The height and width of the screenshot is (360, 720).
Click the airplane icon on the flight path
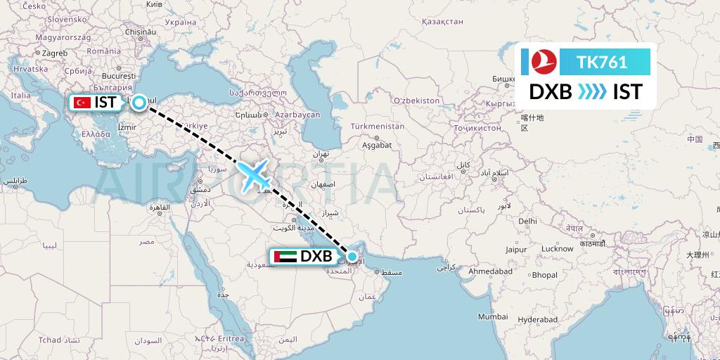254,175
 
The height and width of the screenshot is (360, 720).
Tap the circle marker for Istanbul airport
140,103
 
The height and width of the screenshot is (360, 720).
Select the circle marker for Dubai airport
352,257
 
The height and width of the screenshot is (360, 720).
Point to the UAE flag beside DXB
285,257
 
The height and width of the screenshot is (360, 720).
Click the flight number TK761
602,62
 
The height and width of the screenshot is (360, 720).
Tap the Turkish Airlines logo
540,62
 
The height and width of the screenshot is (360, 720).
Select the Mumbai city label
493,317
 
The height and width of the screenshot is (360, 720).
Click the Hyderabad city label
538,319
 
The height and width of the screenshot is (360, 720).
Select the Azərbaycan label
297,115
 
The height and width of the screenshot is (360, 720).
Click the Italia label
20,95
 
